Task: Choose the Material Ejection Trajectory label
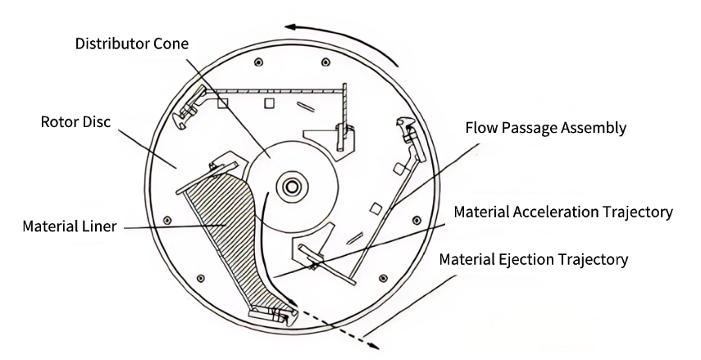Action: click(534, 260)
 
